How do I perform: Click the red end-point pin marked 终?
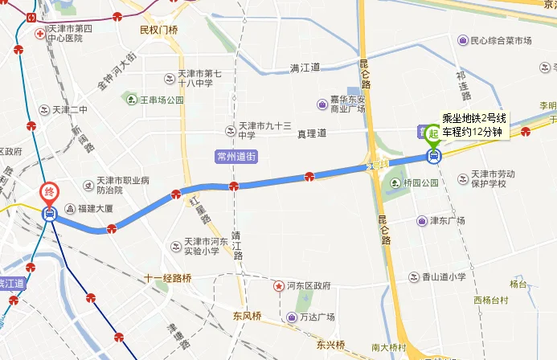(x=50, y=193)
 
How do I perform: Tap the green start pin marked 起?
(x=434, y=133)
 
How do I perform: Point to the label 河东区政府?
(x=309, y=285)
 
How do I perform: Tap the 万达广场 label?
(x=315, y=317)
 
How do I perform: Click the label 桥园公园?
(x=421, y=183)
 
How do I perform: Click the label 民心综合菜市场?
(x=501, y=40)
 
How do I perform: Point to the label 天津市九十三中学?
(x=264, y=130)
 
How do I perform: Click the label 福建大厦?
(x=96, y=208)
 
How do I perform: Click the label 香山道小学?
(x=444, y=276)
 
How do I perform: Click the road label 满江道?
(x=305, y=67)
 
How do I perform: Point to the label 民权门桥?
(x=158, y=31)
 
